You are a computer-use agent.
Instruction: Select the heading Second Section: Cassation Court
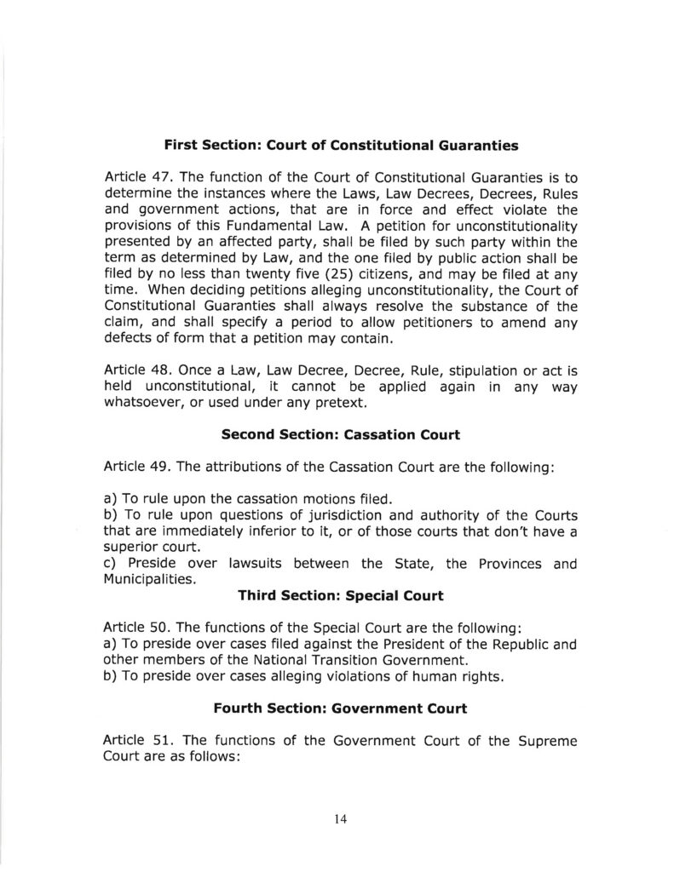coord(341,435)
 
